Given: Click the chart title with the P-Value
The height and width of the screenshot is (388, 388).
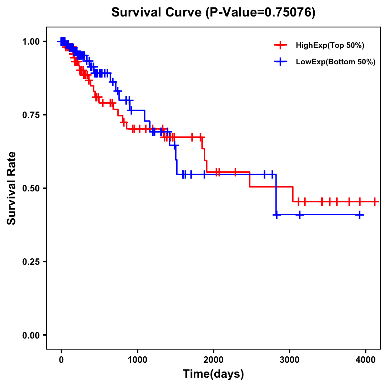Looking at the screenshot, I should click(x=213, y=12).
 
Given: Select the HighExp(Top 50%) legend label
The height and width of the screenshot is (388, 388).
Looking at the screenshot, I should click(x=330, y=46).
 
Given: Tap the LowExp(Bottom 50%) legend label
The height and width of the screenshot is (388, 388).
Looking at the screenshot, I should click(x=336, y=62).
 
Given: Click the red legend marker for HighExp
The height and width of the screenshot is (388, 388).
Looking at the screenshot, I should click(x=281, y=45).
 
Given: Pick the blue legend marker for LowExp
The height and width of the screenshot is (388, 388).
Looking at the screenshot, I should click(x=281, y=62).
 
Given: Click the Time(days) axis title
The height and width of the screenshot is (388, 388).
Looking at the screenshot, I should click(x=213, y=374).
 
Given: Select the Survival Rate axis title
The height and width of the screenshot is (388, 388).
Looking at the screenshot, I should click(x=12, y=188).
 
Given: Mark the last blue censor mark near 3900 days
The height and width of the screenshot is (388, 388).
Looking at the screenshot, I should click(x=360, y=215).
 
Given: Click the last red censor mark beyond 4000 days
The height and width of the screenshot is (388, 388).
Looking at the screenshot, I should click(x=374, y=201).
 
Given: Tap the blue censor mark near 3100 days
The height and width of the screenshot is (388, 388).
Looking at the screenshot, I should click(x=300, y=215).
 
